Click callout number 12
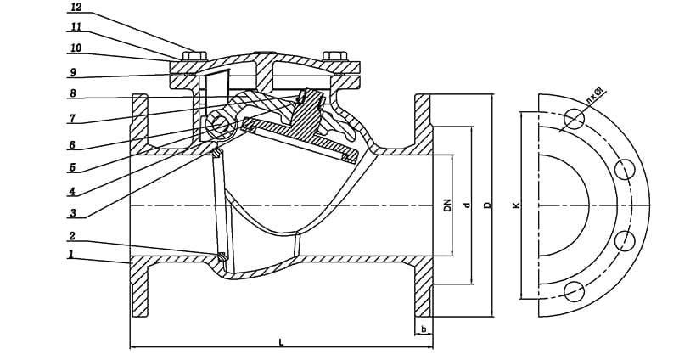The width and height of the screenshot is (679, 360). [x=76, y=8]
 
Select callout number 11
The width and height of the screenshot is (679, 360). [x=76, y=28]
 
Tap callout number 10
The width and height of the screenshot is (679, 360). [x=76, y=48]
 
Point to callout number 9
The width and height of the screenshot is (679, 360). [x=73, y=73]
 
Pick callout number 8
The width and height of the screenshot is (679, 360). [x=73, y=94]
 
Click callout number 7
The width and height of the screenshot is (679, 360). [x=73, y=118]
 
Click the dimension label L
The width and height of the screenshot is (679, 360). [x=281, y=341]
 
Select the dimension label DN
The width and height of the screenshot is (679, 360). [x=447, y=205]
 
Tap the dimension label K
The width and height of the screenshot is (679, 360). [x=516, y=205]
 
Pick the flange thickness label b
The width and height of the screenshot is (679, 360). [x=423, y=329]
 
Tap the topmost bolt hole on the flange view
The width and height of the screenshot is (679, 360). [x=575, y=119]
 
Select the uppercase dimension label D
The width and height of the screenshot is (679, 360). [x=486, y=205]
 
